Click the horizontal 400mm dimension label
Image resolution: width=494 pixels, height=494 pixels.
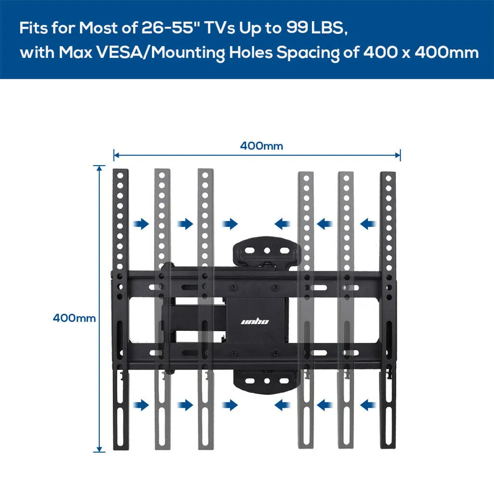pyautogui.click(x=261, y=146)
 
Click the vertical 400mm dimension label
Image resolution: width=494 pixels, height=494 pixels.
pyautogui.click(x=74, y=318)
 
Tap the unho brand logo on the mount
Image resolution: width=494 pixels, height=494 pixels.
pyautogui.click(x=255, y=321)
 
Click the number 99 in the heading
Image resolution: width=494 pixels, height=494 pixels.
pyautogui.click(x=297, y=28)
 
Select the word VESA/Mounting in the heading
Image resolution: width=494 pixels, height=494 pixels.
pyautogui.click(x=161, y=52)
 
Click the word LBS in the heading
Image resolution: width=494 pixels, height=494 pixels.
pyautogui.click(x=329, y=28)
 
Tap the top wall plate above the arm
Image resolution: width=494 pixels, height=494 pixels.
pyautogui.click(x=267, y=252)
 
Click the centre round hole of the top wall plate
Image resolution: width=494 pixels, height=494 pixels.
pyautogui.click(x=267, y=251)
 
